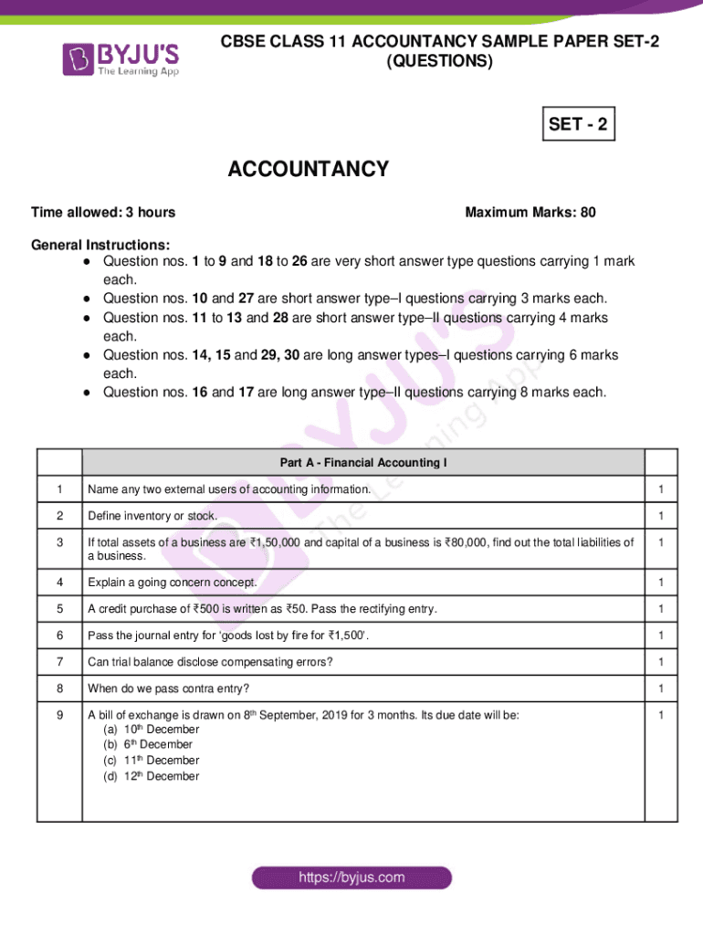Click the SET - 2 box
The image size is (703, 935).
(x=578, y=124)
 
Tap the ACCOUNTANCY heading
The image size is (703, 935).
(x=308, y=170)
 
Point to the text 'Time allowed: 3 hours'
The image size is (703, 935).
(x=103, y=213)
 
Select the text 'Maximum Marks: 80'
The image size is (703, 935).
(x=530, y=213)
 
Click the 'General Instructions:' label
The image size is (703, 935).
(x=100, y=246)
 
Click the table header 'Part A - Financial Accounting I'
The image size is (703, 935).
(x=363, y=463)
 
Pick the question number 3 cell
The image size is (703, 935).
(x=60, y=542)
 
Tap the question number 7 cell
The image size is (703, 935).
(x=60, y=661)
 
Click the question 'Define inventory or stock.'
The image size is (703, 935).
(x=152, y=516)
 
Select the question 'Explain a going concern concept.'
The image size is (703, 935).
(x=173, y=583)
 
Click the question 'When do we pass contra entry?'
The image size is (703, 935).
(x=168, y=688)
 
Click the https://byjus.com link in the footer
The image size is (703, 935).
(x=351, y=877)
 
